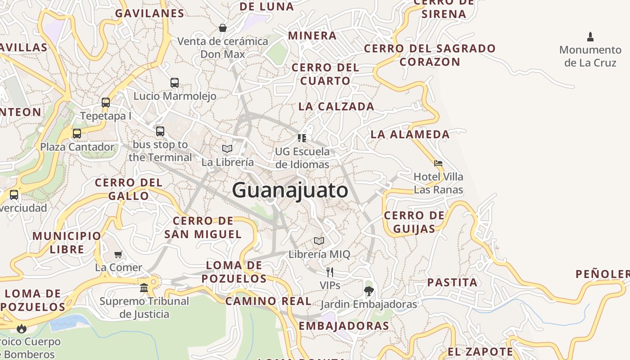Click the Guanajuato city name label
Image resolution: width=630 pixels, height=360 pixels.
(x=290, y=190)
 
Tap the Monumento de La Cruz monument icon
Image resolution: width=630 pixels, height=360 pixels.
(x=590, y=37)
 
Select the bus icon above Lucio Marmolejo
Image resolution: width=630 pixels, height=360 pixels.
(x=175, y=83)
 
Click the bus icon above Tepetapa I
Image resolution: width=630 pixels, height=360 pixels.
(x=106, y=103)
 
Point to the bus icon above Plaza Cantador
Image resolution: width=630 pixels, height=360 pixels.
(x=77, y=134)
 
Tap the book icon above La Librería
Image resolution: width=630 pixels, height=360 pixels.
(x=227, y=148)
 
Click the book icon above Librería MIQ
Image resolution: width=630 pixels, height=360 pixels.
(x=319, y=241)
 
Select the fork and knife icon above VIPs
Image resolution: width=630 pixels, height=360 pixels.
(x=330, y=272)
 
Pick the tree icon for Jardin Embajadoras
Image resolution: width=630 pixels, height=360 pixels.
(x=369, y=291)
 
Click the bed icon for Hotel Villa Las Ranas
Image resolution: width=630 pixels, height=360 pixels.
(x=438, y=163)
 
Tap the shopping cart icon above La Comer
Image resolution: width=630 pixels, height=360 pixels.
(x=118, y=254)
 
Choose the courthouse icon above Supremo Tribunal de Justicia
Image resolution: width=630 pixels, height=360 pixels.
(x=144, y=288)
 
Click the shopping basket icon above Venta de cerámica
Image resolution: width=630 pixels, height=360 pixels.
(x=223, y=28)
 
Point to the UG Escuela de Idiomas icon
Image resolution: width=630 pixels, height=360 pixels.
(x=302, y=138)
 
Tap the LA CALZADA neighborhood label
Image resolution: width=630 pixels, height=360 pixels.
(x=336, y=107)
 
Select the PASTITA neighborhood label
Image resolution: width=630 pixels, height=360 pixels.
(x=452, y=283)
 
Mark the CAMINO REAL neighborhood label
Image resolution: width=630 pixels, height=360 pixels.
(x=268, y=301)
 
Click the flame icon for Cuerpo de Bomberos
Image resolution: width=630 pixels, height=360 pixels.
(x=21, y=328)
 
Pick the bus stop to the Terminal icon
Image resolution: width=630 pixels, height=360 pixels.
(x=160, y=131)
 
